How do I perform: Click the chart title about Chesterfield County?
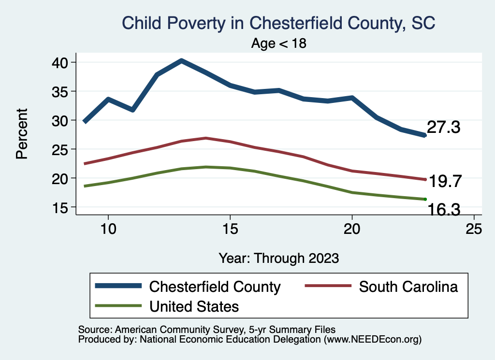pyautogui.click(x=279, y=23)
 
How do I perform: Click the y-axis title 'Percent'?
pyautogui.click(x=21, y=134)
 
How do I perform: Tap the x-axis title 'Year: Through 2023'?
pyautogui.click(x=278, y=258)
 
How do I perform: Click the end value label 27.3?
pyautogui.click(x=443, y=128)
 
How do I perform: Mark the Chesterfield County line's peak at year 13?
pyautogui.click(x=181, y=61)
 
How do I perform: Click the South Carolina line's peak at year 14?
pyautogui.click(x=206, y=138)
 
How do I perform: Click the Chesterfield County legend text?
pyautogui.click(x=215, y=287)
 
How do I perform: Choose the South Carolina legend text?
pyautogui.click(x=408, y=287)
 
